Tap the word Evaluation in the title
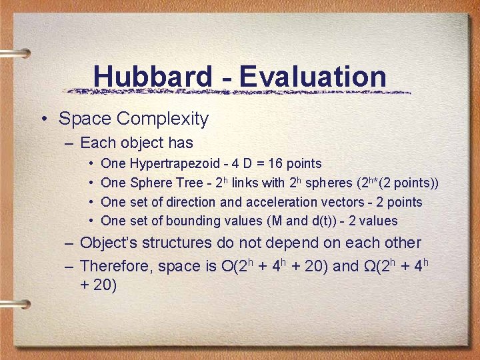pos(313,76)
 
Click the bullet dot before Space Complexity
pos(43,120)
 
